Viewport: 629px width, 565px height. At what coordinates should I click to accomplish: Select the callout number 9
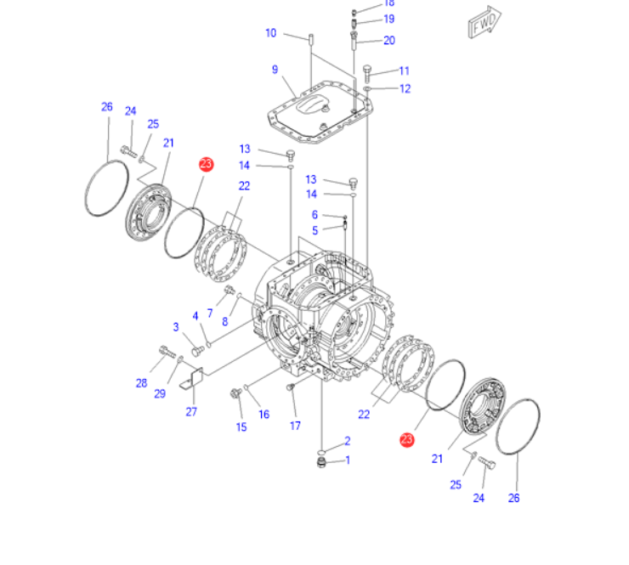(x=275, y=69)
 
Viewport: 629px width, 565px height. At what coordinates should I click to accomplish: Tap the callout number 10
(x=271, y=33)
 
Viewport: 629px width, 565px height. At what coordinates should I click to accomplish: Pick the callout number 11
(x=404, y=71)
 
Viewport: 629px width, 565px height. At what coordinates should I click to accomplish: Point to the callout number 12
(x=405, y=88)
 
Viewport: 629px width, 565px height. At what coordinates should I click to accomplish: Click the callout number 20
(x=389, y=40)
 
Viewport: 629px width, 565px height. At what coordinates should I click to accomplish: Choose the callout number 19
(x=389, y=19)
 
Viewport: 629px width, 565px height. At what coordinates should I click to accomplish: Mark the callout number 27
(x=191, y=412)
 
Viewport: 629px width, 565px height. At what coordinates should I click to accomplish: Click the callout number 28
(x=141, y=383)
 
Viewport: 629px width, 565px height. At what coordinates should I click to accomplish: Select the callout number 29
(x=160, y=393)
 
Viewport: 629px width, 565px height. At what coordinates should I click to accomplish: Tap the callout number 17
(x=295, y=425)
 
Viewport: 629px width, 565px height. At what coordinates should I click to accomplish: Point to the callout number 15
(x=241, y=427)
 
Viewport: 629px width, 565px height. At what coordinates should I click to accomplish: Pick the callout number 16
(x=264, y=415)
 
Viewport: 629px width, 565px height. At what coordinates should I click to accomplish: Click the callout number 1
(x=347, y=460)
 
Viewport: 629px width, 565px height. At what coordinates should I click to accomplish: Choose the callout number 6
(x=314, y=215)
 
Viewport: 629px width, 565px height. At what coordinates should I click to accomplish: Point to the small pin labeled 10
(x=311, y=39)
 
